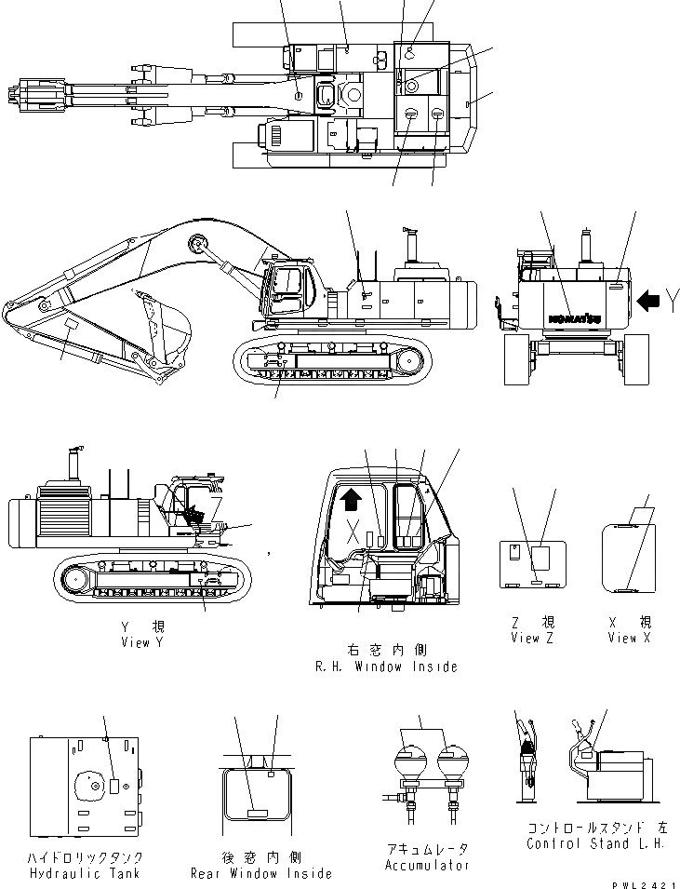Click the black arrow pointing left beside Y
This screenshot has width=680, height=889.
click(650, 300)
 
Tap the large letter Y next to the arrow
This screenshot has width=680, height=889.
click(673, 299)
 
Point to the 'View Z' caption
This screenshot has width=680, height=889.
click(531, 638)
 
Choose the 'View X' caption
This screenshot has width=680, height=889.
click(630, 638)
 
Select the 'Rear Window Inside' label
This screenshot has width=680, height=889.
click(260, 873)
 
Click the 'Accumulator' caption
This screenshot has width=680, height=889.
click(425, 865)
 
